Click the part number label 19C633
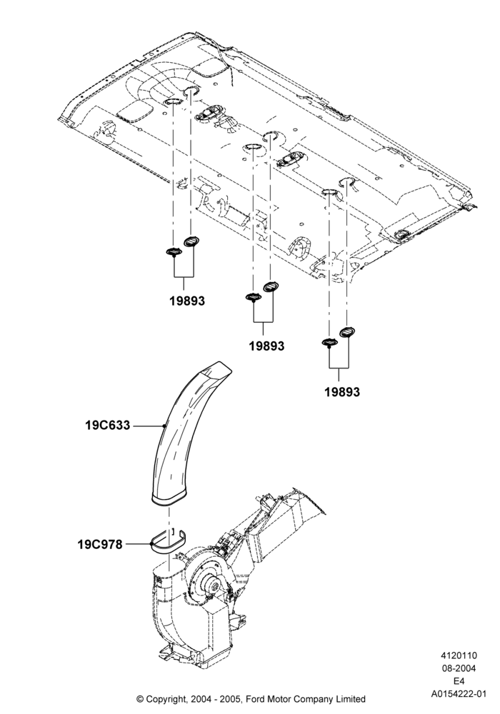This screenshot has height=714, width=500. point(107,426)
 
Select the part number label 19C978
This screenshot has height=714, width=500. point(100,544)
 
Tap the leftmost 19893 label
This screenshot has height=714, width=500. point(187,301)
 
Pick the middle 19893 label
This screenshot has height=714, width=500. point(266,346)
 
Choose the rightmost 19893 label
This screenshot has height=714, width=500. point(342,391)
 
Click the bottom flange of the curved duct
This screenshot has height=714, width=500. point(169,499)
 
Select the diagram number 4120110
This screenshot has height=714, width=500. point(459,655)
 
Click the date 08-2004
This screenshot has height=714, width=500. point(459,668)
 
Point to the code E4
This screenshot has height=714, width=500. point(459,681)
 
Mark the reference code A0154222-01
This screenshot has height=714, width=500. point(459,694)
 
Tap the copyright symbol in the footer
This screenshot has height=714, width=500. point(140,698)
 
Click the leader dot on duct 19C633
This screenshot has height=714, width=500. point(164,426)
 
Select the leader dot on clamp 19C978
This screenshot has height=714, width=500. point(151,543)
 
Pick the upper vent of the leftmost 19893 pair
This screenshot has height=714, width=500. point(191,241)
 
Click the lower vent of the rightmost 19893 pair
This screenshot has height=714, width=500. point(329,343)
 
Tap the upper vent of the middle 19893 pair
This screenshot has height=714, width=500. point(271,286)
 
